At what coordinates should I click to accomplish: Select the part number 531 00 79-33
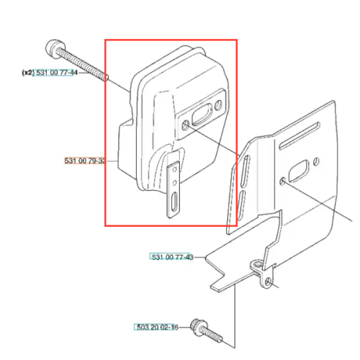tap(84, 161)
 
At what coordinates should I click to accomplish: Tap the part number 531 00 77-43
tap(172, 257)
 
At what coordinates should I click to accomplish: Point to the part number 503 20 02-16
tap(157, 327)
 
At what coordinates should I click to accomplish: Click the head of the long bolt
tap(55, 49)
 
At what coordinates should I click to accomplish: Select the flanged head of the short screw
tap(197, 327)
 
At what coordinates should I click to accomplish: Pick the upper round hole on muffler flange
tap(218, 105)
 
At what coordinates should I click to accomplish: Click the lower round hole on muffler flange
tap(186, 125)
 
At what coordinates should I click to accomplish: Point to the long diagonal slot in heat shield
tap(300, 135)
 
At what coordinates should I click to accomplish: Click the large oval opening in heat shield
tap(298, 171)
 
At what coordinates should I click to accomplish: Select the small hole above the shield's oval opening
tap(316, 161)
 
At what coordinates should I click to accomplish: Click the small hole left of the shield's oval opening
tap(282, 181)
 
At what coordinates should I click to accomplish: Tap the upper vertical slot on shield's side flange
tap(246, 171)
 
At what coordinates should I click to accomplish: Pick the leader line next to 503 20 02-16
tap(184, 327)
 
